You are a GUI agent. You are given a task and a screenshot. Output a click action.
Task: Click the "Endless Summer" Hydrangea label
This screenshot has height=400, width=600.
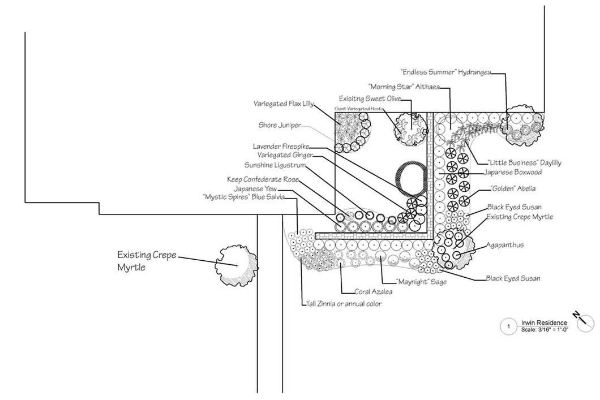coord(445,72)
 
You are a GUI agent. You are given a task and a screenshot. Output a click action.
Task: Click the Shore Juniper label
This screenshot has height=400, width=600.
coord(280,125)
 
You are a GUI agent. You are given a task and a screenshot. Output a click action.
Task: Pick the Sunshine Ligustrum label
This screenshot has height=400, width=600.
coord(275,165)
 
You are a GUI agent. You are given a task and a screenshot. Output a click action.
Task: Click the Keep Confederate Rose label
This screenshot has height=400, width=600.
coord(262,179)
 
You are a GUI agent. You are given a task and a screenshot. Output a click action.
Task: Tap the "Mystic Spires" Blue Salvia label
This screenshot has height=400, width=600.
coord(247,197)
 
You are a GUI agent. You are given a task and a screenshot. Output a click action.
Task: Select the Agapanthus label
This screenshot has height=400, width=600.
coord(504,246)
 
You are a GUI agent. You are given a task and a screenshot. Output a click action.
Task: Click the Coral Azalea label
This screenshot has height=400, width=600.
coord(374,292)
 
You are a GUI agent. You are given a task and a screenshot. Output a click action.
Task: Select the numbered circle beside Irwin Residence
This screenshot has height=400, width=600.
coord(508,326)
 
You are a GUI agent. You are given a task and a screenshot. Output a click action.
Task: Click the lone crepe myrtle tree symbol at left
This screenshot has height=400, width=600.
coord(236,264)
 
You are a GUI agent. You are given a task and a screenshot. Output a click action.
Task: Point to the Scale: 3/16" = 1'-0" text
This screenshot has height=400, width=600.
coord(545,329)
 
